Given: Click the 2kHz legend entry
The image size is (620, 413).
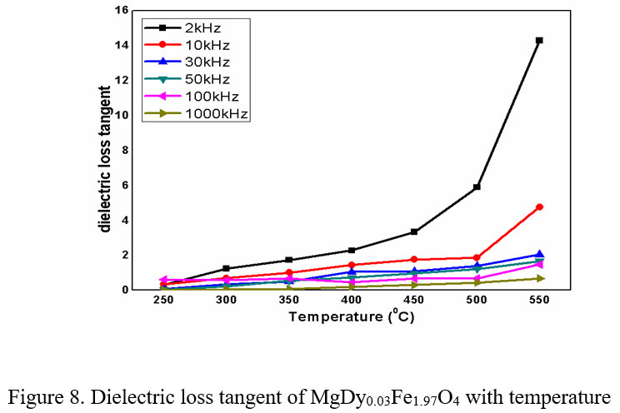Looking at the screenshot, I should (x=197, y=27).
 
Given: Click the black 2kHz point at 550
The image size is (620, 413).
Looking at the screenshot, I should (x=539, y=40).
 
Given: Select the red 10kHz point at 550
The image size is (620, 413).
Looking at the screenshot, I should (x=539, y=206).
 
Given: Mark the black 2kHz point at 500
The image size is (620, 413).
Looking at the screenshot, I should (x=477, y=187).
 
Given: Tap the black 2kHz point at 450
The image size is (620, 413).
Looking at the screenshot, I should (x=414, y=231).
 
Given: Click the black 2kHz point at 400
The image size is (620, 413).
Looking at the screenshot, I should (x=352, y=250).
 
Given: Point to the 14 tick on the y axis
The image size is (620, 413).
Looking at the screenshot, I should (x=122, y=45).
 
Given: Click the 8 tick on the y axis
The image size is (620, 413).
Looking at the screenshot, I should (x=124, y=150).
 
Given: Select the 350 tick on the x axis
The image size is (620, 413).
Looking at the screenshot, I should (x=288, y=301).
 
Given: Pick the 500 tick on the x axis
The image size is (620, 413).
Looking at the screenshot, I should (x=477, y=301).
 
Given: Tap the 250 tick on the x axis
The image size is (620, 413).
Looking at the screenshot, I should (x=163, y=301).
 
